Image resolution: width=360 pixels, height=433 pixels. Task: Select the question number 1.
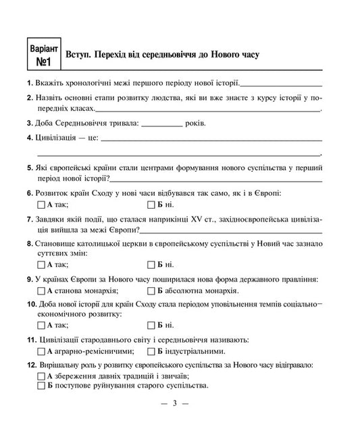(29, 83)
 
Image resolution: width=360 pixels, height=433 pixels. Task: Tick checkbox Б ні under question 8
(151, 264)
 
